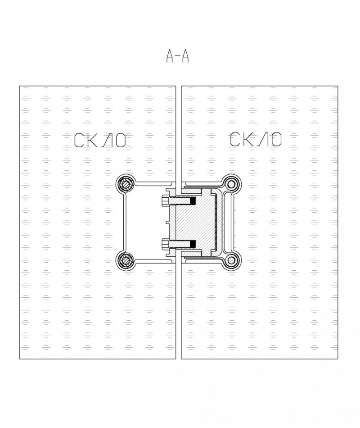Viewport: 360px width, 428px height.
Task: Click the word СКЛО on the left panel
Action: click(x=100, y=140)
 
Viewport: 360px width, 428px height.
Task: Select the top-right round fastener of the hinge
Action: click(x=232, y=184)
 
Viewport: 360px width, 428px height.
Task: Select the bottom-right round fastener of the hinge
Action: click(x=232, y=260)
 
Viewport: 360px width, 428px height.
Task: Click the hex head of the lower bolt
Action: click(x=165, y=244)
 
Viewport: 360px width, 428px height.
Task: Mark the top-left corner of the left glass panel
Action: click(x=19, y=86)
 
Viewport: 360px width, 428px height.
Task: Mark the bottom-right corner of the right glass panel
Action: click(x=338, y=359)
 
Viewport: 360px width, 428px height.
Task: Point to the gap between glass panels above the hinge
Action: click(x=178, y=135)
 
